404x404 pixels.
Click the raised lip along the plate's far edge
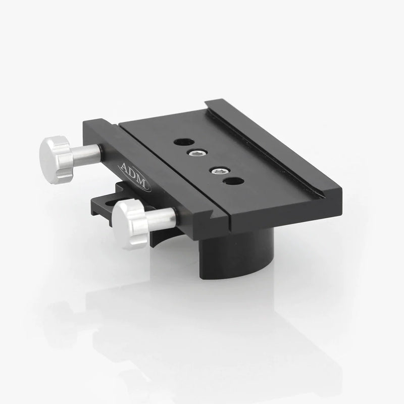pyautogui.click(x=273, y=146)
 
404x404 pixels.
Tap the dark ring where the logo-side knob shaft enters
pyautogui.click(x=102, y=149)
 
